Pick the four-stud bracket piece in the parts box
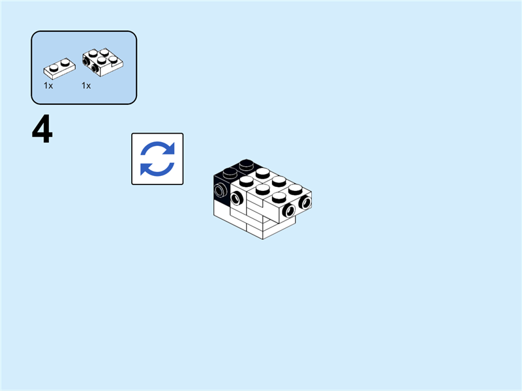100,59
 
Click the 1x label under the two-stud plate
48,85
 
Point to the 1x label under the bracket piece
86,85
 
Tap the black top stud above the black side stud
230,173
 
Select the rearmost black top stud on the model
246,164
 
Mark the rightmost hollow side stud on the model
304,203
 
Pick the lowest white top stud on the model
280,197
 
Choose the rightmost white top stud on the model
296,190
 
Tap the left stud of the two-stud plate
52,65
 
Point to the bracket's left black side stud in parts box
87,63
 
